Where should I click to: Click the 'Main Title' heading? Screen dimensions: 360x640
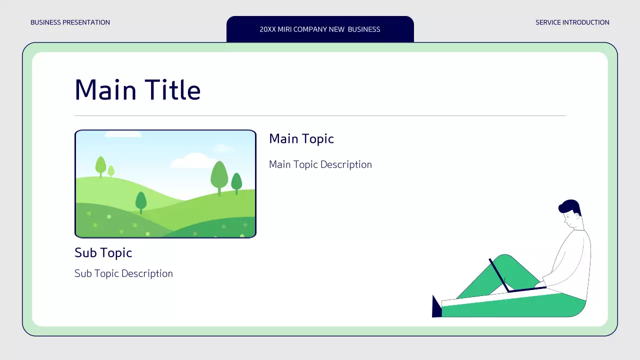tap(137, 90)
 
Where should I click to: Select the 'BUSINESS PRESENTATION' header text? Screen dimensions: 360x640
tap(70, 22)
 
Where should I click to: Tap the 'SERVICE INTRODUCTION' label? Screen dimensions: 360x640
tap(572, 22)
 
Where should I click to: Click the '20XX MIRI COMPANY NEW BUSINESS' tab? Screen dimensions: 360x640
tap(320, 29)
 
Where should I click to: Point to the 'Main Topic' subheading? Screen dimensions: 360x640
tap(301, 139)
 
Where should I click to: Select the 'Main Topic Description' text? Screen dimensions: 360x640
tap(320, 164)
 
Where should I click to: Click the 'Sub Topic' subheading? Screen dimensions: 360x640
tap(103, 253)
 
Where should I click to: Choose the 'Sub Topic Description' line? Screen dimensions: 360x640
tap(123, 273)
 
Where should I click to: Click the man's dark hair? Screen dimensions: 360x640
tap(571, 205)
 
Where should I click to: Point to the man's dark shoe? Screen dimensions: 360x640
tap(436, 307)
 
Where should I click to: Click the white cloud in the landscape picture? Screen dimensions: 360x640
tap(192, 161)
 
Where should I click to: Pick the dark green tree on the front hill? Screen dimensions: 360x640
tap(141, 201)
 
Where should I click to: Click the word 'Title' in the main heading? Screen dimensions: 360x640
tap(173, 90)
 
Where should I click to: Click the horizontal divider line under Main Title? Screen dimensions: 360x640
tap(320, 115)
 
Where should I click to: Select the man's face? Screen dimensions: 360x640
tap(570, 218)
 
